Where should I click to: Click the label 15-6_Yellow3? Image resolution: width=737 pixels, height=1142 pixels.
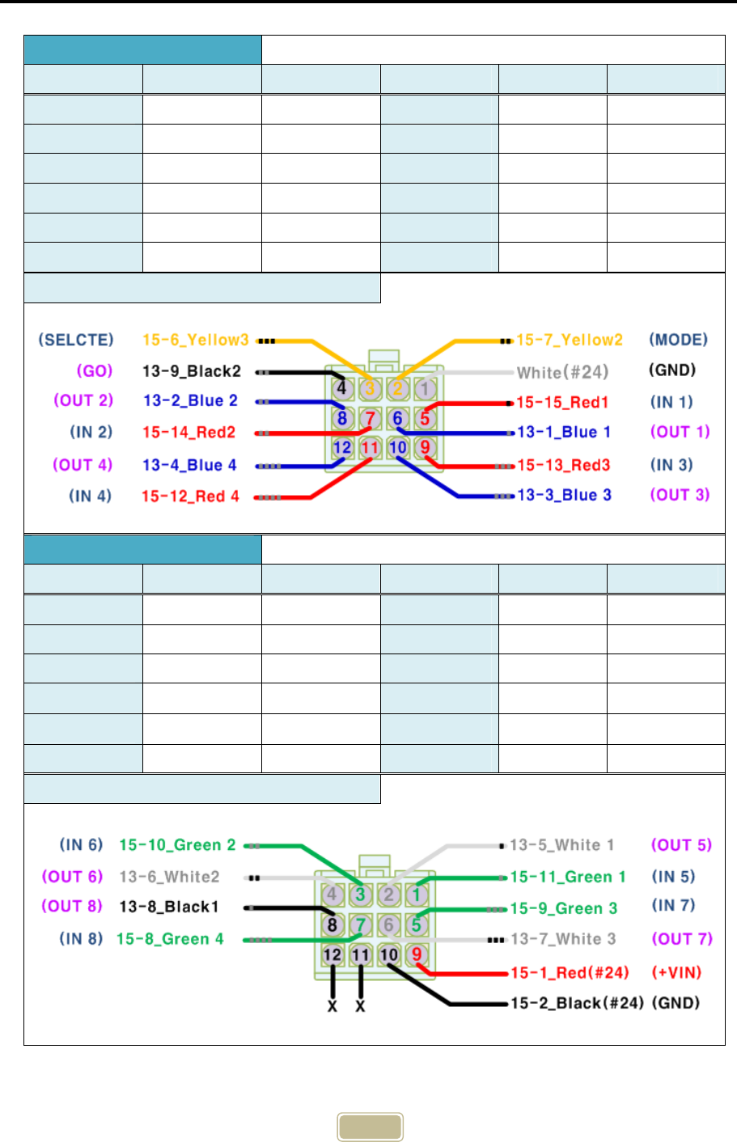(x=196, y=340)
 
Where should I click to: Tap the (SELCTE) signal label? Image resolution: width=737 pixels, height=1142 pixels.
(x=76, y=340)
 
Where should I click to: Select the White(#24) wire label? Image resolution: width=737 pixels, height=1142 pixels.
(x=562, y=372)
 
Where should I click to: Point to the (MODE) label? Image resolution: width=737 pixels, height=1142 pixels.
(x=678, y=340)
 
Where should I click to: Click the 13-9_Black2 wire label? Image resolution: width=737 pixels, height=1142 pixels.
(x=192, y=371)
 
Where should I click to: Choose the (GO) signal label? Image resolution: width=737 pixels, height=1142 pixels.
(x=95, y=371)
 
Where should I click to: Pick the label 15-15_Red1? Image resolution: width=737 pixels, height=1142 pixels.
(x=562, y=402)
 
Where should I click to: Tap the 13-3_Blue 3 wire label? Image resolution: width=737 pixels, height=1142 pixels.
(x=564, y=495)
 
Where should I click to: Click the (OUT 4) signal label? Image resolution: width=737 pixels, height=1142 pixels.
(x=83, y=465)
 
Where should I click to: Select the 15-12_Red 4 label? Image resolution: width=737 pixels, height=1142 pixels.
(x=191, y=496)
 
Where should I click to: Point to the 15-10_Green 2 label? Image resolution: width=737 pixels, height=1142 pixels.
(x=177, y=845)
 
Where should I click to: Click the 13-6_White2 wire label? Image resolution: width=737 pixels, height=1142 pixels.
(x=169, y=877)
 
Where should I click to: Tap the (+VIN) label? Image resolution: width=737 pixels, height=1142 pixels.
(x=676, y=972)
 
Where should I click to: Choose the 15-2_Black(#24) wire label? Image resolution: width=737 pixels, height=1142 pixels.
(x=577, y=1003)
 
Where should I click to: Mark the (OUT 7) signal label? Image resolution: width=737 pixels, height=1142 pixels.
(x=682, y=939)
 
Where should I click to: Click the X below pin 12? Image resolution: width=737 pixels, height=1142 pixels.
(x=332, y=1006)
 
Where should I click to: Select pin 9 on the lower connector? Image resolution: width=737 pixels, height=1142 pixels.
(x=417, y=954)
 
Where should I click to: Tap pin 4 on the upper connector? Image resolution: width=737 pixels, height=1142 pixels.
(x=341, y=388)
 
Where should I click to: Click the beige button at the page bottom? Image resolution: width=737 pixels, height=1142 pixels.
(x=370, y=1127)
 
